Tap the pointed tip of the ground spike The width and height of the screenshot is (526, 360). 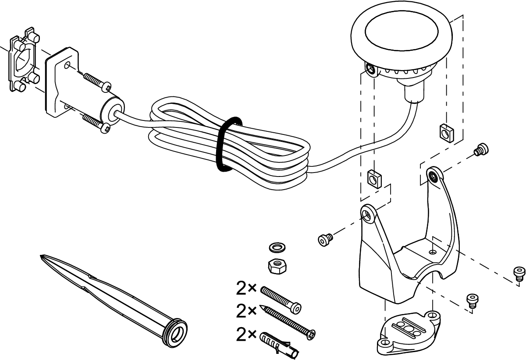coord(42,256)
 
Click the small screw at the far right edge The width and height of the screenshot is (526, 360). coord(519,273)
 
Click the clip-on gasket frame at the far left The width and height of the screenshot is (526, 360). coord(22,61)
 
